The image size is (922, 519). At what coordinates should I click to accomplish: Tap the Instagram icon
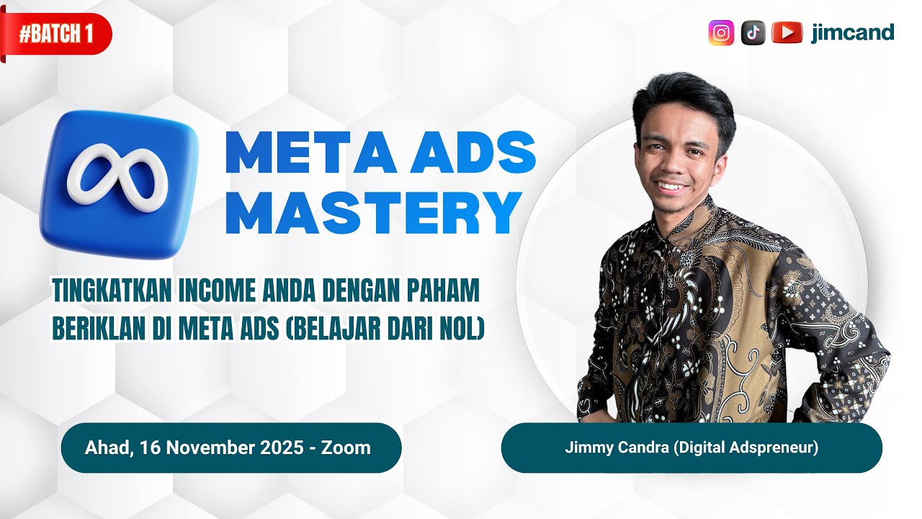pos(721,32)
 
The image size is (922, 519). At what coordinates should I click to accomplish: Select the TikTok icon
pos(753,32)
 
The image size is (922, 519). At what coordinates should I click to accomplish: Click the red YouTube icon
pos(787,32)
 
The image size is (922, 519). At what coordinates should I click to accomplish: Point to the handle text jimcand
pos(852,32)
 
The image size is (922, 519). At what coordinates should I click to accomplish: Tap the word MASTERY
pos(373,214)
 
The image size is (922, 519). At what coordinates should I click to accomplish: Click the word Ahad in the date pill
pos(109,448)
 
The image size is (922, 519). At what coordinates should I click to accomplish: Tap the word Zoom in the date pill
pos(346,448)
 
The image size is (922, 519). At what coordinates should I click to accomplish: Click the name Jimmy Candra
pos(617,448)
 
